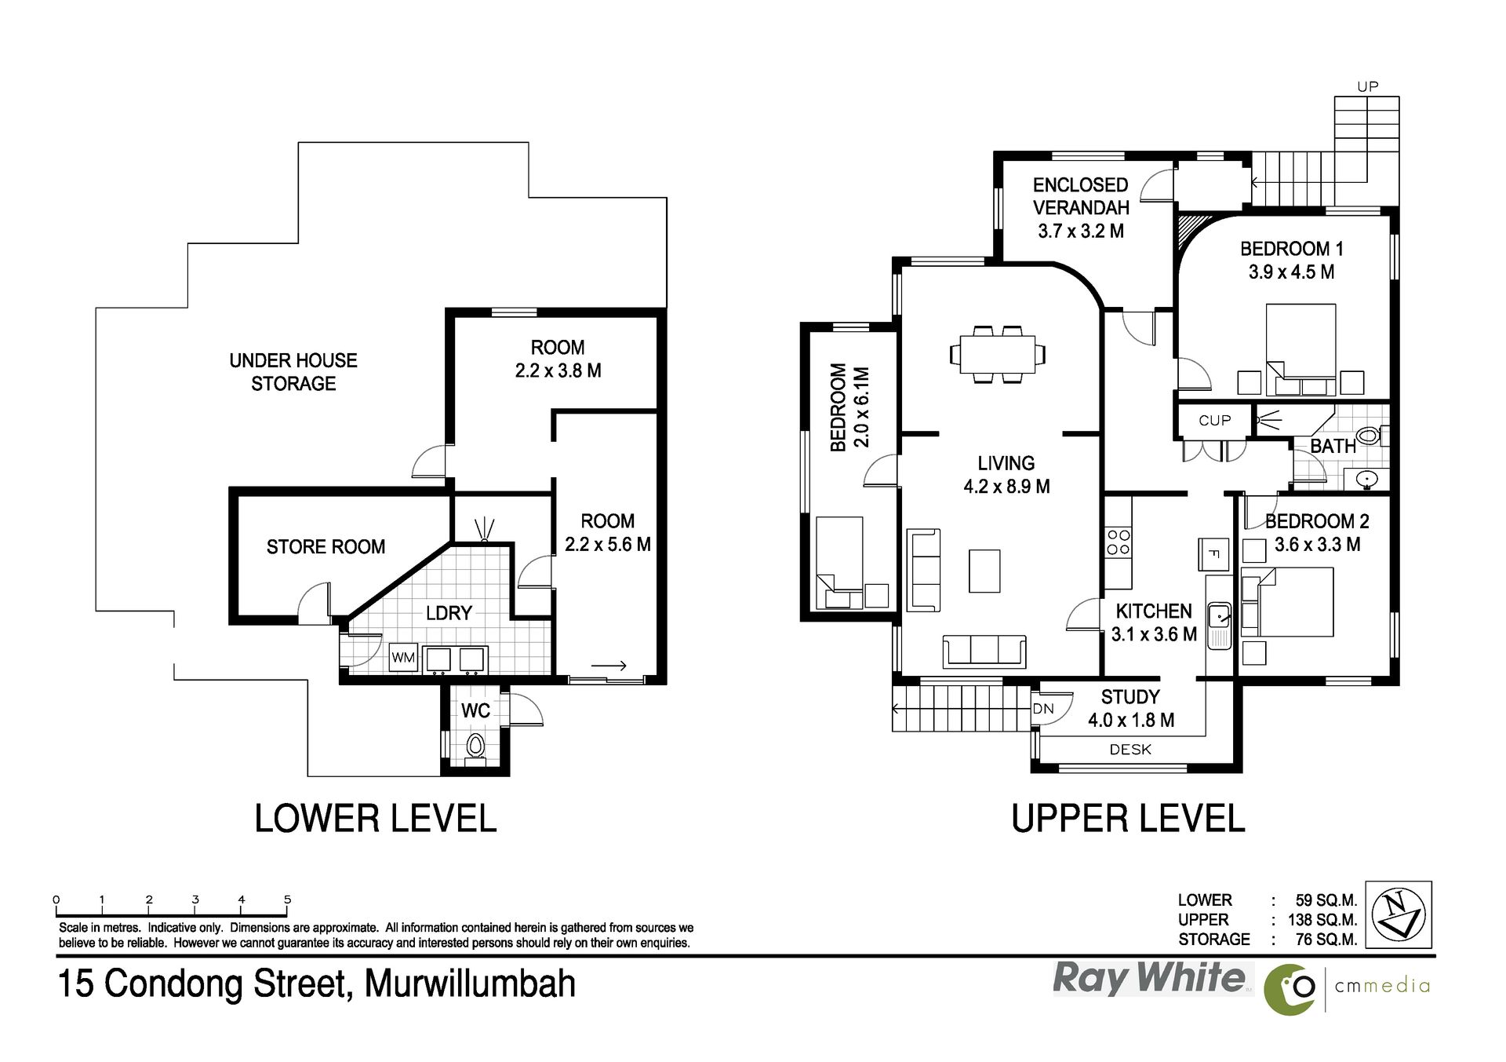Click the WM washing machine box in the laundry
[x=403, y=658]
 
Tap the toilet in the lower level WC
[x=475, y=746]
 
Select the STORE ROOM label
[x=326, y=547]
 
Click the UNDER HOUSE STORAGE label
[x=293, y=372]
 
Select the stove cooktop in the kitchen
[x=1118, y=542]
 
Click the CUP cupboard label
[x=1214, y=421]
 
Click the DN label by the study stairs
[x=1043, y=709]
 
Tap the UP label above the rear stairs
[x=1367, y=87]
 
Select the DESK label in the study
[x=1130, y=750]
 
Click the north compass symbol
[x=1399, y=915]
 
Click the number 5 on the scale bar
[x=288, y=900]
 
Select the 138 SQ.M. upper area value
[x=1322, y=920]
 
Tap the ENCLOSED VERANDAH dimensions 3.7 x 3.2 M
[x=1081, y=232]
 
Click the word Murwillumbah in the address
[x=471, y=984]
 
